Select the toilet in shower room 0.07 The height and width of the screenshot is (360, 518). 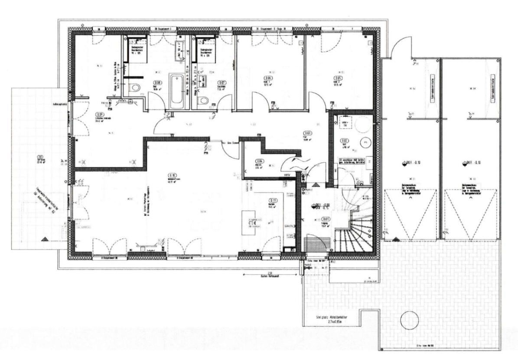[203, 101]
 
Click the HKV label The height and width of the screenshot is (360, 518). [287, 175]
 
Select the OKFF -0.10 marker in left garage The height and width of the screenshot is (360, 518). [403, 163]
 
